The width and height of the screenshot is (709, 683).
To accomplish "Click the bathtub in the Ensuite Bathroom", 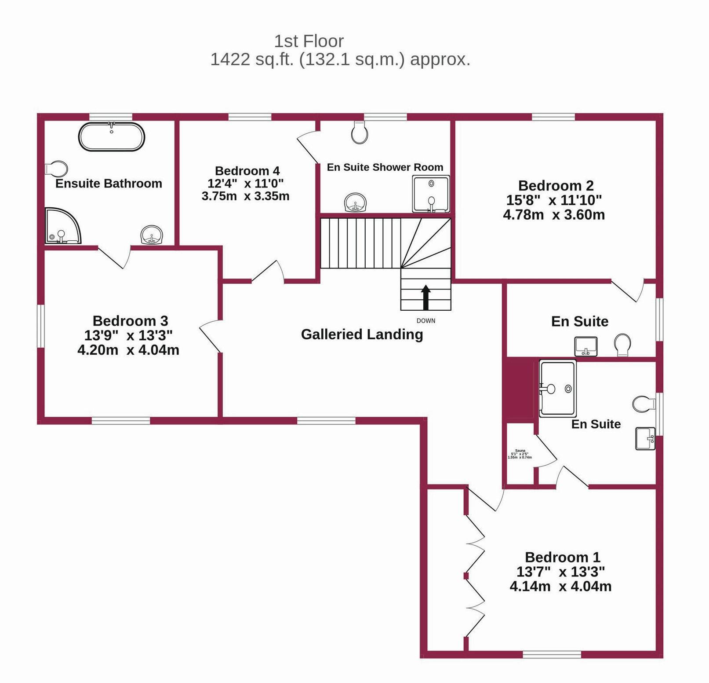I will [x=111, y=137].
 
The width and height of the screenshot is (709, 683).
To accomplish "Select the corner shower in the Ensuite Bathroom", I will [x=62, y=226].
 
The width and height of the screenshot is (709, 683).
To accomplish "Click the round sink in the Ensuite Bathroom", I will [x=152, y=235].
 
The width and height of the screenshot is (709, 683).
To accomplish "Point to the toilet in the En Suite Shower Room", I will [x=360, y=132].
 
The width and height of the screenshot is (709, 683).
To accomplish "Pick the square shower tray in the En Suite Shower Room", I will [x=431, y=194].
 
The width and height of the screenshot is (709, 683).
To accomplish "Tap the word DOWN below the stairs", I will [x=425, y=321].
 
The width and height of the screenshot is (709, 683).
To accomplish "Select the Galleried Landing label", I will [x=362, y=334].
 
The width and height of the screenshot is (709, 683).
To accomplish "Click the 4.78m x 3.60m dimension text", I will [x=554, y=215].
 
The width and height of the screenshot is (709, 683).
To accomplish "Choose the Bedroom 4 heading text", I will [x=247, y=171].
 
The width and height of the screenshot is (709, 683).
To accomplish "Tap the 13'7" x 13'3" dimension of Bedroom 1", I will [x=560, y=572].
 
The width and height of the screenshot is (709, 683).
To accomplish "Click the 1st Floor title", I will [x=309, y=41].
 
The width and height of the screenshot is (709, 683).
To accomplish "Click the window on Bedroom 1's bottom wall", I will [x=552, y=654].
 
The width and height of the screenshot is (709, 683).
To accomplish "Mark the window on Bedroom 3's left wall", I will [x=40, y=326].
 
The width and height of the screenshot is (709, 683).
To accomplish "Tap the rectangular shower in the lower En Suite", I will [x=557, y=388].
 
